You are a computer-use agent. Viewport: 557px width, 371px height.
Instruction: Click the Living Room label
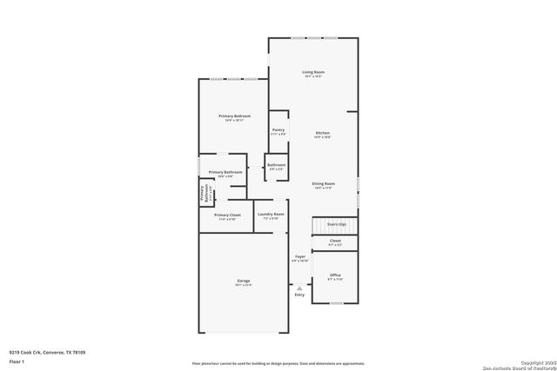tap(312, 72)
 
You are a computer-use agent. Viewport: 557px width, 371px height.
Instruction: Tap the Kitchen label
tap(322, 133)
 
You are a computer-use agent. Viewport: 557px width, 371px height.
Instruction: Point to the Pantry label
tap(278, 130)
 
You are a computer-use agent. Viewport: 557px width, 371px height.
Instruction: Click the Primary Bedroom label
tap(234, 116)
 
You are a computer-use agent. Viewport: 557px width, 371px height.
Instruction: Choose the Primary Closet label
tap(226, 215)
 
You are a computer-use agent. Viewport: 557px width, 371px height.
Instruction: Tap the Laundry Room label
tap(271, 214)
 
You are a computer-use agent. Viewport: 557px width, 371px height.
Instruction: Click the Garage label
tap(244, 281)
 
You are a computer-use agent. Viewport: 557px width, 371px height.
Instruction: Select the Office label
tap(334, 275)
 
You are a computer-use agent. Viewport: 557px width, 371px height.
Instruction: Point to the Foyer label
tap(299, 257)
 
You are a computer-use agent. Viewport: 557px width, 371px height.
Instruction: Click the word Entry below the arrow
tap(299, 295)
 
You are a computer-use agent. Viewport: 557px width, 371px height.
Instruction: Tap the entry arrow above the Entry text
tap(299, 285)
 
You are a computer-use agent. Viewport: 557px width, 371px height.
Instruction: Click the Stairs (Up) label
tap(336, 224)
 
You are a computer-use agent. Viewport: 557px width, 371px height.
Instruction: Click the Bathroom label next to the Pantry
tap(276, 165)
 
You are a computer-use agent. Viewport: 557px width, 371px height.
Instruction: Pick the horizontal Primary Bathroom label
tap(225, 172)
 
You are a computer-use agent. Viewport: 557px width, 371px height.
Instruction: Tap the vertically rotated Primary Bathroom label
tap(205, 194)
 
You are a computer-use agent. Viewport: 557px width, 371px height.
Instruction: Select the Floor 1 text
tap(17, 361)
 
